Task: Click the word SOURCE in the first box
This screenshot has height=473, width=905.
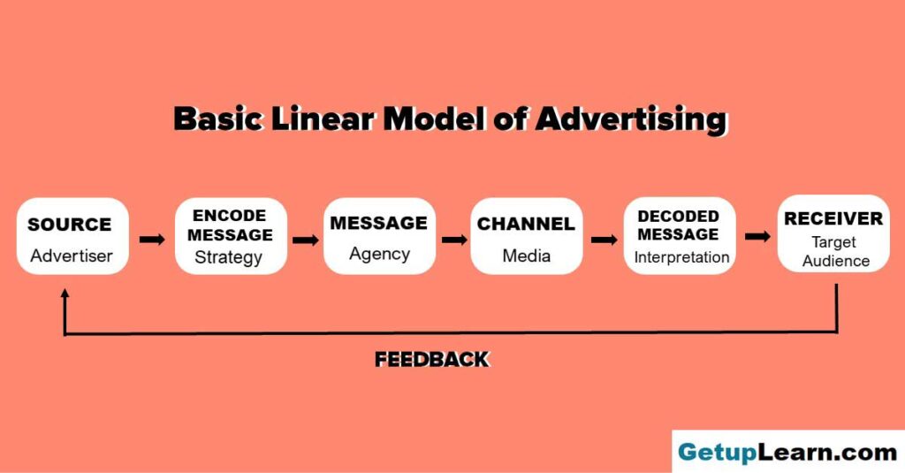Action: point(69,224)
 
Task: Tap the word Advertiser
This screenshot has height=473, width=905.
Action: point(72,256)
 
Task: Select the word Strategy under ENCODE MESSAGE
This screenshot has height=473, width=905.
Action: point(229,257)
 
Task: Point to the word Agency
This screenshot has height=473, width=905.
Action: point(379,254)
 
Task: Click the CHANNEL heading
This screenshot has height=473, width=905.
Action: point(526,224)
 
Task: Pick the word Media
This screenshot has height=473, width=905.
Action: point(527,256)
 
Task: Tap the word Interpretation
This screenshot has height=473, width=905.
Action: point(681,257)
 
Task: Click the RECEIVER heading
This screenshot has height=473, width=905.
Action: point(833,218)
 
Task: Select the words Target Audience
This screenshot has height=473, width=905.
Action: point(835,251)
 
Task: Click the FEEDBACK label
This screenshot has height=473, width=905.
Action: point(431,359)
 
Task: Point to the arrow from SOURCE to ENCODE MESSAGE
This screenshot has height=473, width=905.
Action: point(152,239)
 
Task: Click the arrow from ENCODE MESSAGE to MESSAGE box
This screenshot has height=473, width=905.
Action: point(305,240)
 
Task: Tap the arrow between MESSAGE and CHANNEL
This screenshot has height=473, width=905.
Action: point(455,240)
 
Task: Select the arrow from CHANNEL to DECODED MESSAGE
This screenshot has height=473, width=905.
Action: point(605,240)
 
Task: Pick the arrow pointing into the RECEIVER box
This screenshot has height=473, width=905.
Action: point(757,236)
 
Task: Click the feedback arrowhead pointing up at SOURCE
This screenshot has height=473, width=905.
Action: point(65,294)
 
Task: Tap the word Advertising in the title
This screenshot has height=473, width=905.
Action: point(630,119)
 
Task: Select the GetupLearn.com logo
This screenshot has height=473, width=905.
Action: point(787,452)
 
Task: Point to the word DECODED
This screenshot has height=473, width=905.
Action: point(678,216)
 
